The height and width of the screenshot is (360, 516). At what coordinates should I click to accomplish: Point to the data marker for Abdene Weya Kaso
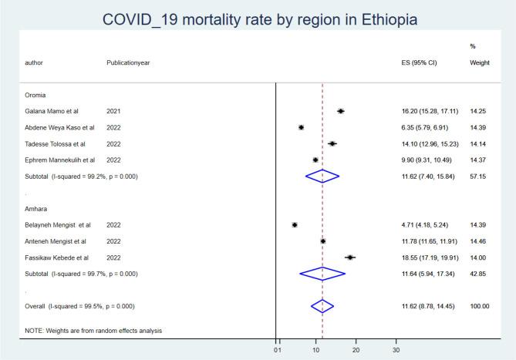pos(301,127)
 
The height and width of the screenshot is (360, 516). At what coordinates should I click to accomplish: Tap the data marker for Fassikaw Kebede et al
pos(350,257)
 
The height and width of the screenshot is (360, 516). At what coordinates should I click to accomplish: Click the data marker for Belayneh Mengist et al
pos(295,225)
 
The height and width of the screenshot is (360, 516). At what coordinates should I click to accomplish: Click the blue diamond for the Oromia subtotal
pos(322,176)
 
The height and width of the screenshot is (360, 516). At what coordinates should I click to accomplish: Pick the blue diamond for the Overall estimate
pos(322,306)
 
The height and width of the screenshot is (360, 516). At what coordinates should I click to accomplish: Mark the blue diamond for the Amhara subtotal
pos(322,273)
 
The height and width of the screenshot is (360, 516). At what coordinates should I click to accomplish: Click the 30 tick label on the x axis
pos(396,350)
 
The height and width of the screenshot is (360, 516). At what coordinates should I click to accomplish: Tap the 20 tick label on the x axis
pos(356,350)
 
